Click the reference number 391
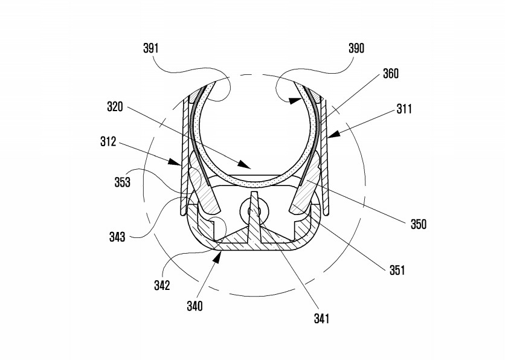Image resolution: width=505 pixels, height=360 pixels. pyautogui.click(x=151, y=48)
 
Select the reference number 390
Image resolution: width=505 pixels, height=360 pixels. pyautogui.click(x=356, y=48)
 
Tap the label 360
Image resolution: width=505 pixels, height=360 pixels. pyautogui.click(x=391, y=74)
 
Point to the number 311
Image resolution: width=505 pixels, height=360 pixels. pyautogui.click(x=404, y=109)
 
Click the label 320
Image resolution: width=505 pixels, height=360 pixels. pyautogui.click(x=115, y=106)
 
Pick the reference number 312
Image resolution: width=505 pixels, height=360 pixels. pyautogui.click(x=108, y=142)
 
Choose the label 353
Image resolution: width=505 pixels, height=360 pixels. pyautogui.click(x=123, y=182)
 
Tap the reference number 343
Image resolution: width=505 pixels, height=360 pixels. pyautogui.click(x=117, y=237)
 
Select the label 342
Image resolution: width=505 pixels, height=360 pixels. pyautogui.click(x=162, y=285)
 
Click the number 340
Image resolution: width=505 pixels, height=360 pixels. pyautogui.click(x=195, y=306)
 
